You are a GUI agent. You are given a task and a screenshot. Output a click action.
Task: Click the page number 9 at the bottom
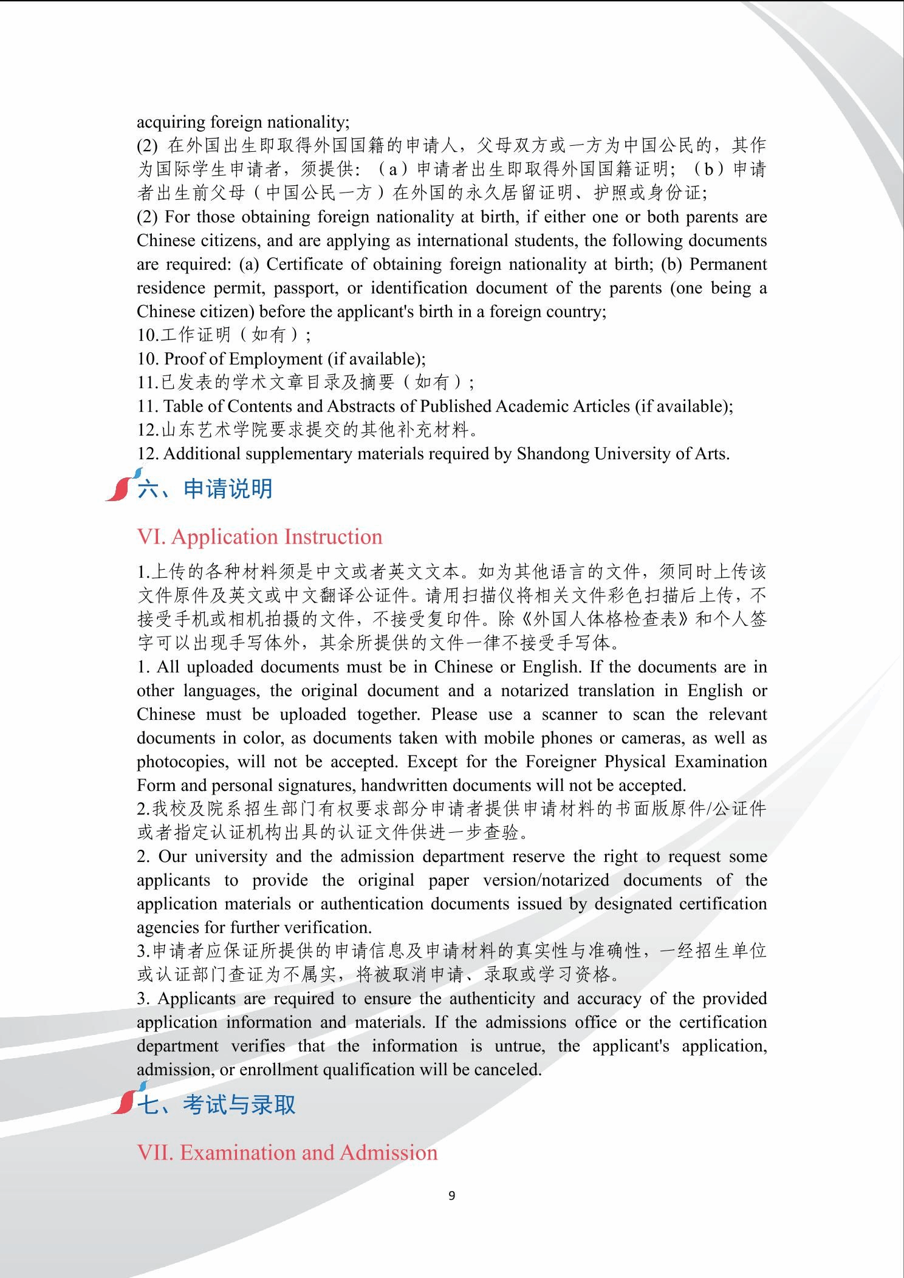(451, 1195)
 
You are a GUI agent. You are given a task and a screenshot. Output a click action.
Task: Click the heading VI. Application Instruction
(259, 537)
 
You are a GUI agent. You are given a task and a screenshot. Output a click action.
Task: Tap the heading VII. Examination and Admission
(287, 1152)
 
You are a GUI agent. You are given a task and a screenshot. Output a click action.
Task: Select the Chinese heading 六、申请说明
(205, 488)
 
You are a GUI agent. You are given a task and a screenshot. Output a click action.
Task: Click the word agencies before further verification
(165, 928)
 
